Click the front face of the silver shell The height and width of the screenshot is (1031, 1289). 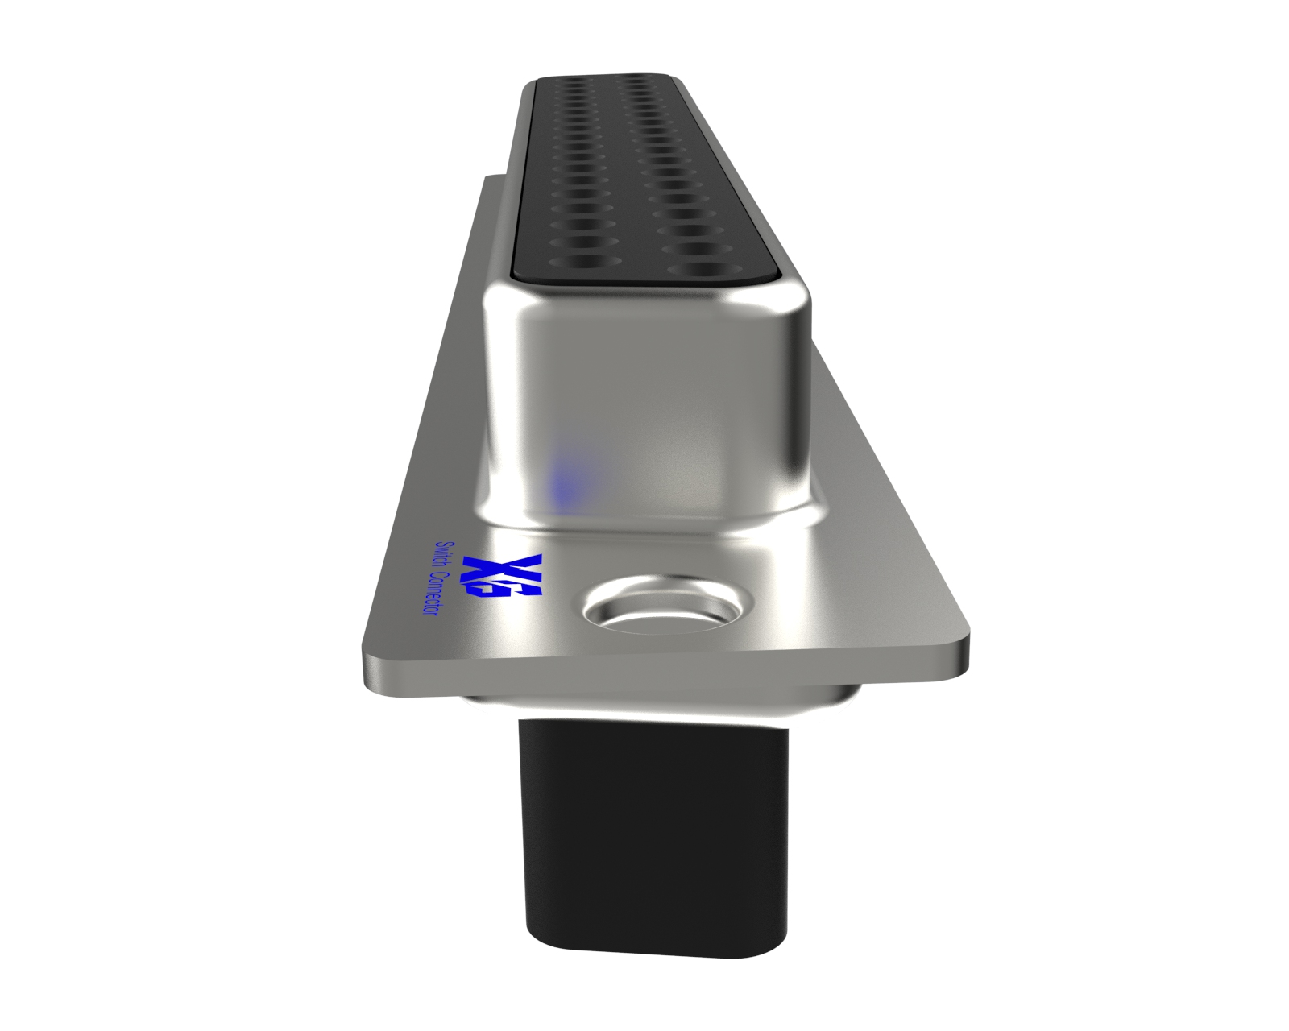point(649,403)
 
